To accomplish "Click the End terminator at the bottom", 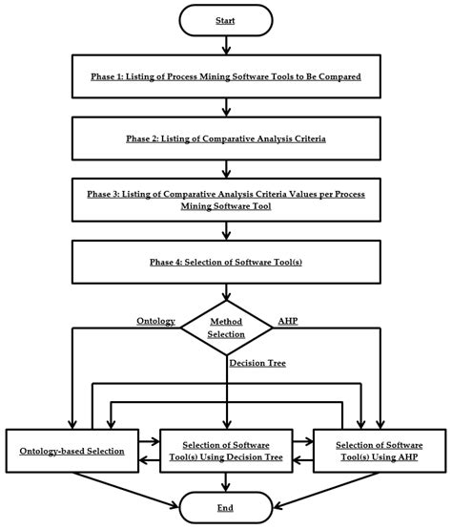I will (227, 507).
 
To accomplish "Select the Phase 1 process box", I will (227, 76).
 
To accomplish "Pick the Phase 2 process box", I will (227, 138).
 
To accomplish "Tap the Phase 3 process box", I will (227, 200).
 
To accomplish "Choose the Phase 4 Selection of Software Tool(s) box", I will (227, 263).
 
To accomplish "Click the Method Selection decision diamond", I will (227, 328).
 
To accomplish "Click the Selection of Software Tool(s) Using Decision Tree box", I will (227, 450).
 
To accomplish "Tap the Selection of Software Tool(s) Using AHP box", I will (377, 450).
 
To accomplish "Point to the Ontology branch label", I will (155, 321).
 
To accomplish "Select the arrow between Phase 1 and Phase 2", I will (227, 107).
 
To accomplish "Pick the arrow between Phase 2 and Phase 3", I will (227, 169).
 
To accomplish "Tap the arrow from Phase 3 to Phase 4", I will (227, 231).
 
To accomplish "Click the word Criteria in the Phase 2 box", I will (305, 138).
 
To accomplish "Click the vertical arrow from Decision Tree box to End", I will (227, 482).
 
